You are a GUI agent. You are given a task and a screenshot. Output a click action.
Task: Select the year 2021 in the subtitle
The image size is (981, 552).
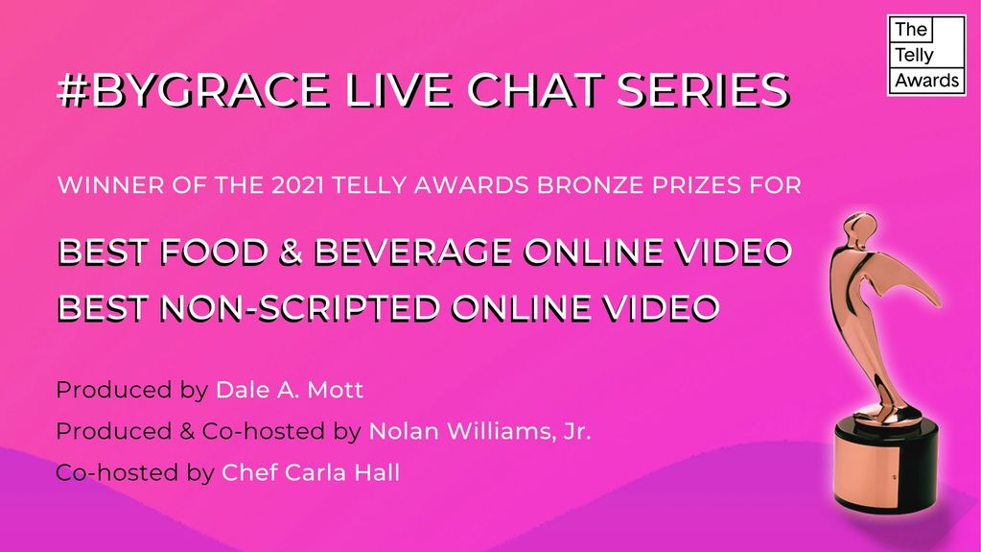(297, 185)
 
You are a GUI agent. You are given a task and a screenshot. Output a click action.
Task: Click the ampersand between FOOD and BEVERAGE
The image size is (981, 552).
(291, 252)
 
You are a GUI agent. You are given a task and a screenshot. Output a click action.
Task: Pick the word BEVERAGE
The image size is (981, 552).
(413, 252)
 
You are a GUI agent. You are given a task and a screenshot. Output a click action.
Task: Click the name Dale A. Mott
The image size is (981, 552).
(289, 390)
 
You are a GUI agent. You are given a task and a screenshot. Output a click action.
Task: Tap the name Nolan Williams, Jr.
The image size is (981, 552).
(479, 431)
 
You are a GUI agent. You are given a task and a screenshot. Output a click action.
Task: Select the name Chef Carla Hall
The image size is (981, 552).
(311, 472)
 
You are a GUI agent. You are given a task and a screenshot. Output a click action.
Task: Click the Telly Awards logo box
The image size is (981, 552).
(926, 55)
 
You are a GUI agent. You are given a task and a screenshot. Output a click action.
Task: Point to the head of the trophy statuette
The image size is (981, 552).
(860, 227)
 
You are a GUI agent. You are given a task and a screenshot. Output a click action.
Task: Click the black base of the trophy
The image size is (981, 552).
(886, 465)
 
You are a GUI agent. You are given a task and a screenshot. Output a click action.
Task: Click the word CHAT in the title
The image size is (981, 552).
(534, 89)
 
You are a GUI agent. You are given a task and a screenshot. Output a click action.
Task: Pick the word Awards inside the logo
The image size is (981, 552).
(926, 81)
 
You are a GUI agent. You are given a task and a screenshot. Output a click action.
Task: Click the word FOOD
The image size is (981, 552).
(214, 252)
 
